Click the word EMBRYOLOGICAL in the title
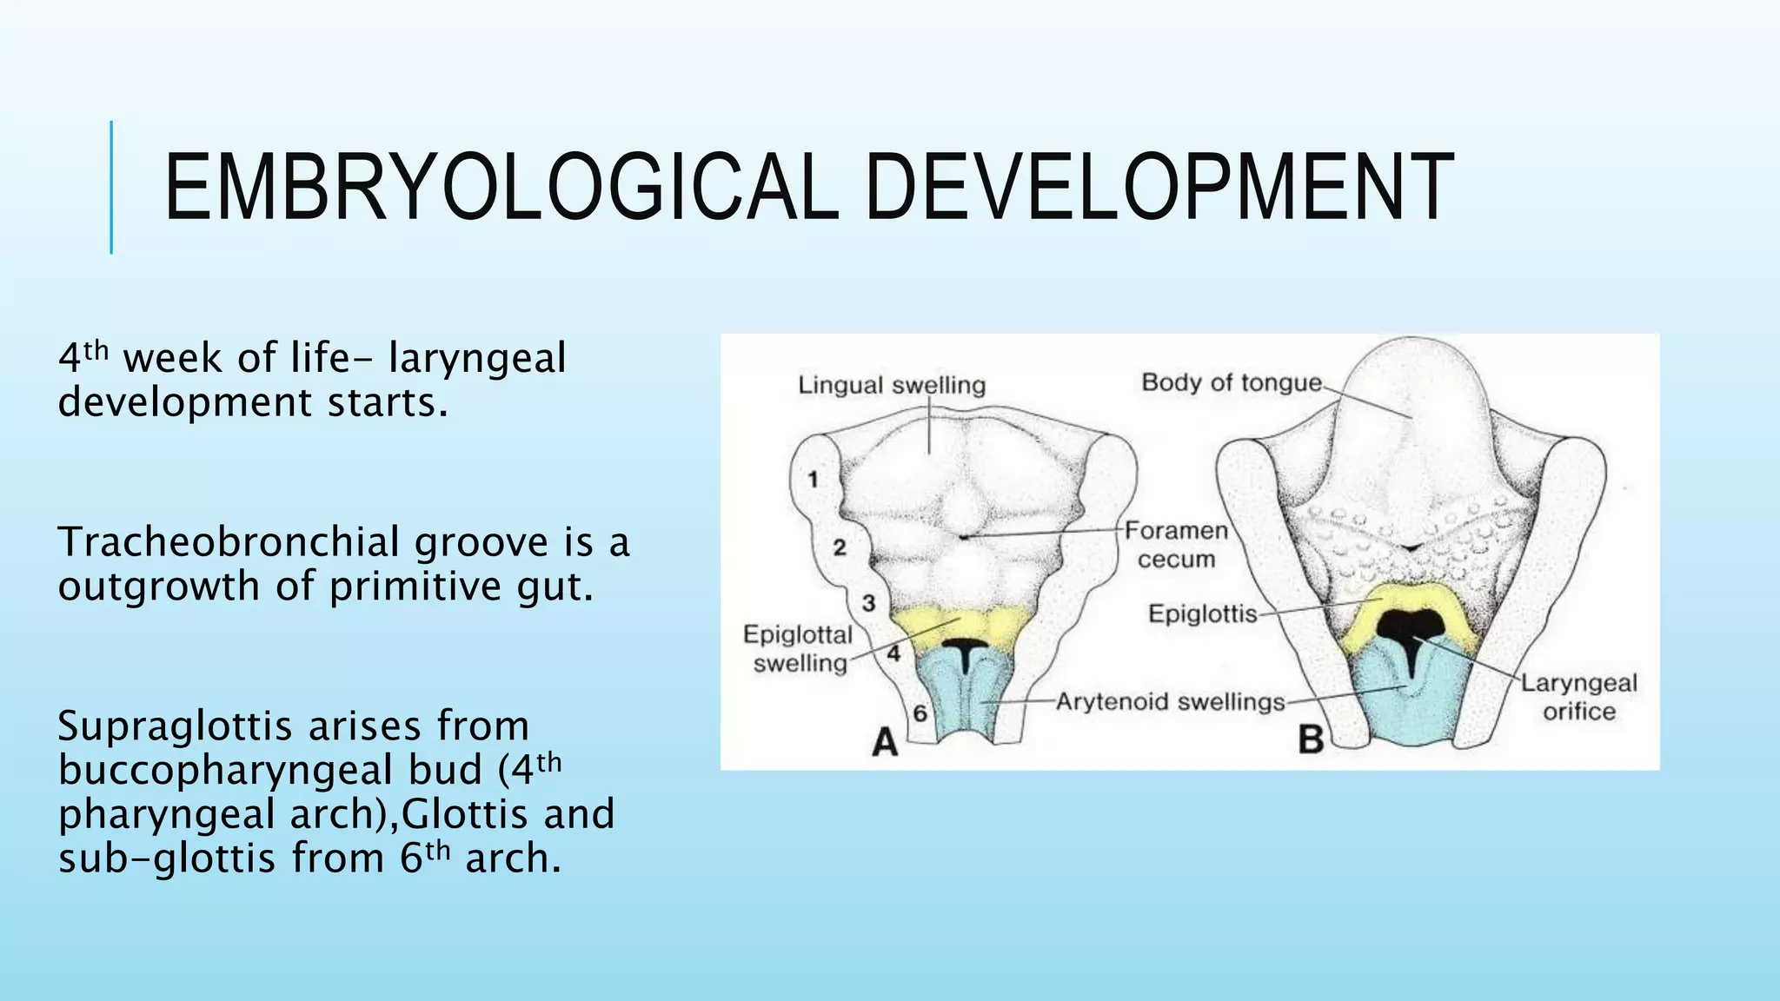[x=501, y=188]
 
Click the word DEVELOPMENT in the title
[x=1159, y=188]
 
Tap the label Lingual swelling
[x=892, y=385]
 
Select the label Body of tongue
[x=1231, y=382]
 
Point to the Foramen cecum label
[x=1176, y=545]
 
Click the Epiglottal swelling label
[x=798, y=649]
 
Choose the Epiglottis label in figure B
[x=1203, y=614]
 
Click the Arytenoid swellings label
[x=1170, y=701]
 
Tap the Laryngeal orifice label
[x=1578, y=698]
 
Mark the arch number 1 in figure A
[x=813, y=480]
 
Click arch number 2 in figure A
[x=839, y=547]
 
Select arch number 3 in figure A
[x=868, y=603]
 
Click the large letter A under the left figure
[x=884, y=743]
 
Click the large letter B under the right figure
[x=1311, y=740]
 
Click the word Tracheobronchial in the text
[x=229, y=543]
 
